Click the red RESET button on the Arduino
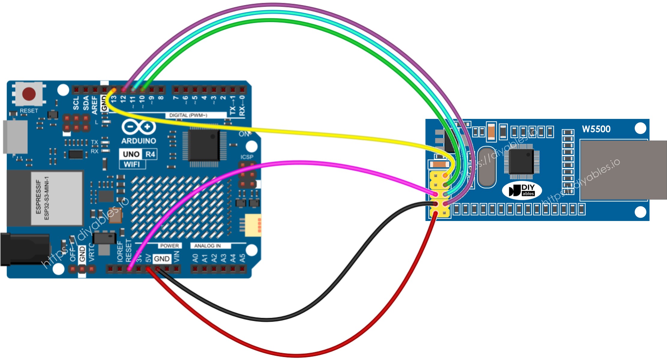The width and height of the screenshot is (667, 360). point(29,94)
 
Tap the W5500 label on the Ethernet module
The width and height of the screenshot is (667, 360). point(596,129)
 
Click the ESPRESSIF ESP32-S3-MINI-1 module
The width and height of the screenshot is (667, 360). point(57,198)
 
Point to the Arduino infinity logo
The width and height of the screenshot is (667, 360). point(139,127)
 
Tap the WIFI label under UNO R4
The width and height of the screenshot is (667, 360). point(132,165)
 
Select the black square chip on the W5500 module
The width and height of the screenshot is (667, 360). point(521,162)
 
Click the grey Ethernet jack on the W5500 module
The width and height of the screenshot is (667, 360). point(623,170)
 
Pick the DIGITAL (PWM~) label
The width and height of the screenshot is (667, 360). point(188,115)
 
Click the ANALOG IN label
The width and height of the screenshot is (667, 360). point(207,246)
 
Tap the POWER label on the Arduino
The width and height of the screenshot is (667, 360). point(169,246)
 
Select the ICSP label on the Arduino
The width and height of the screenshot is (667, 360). point(247,157)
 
